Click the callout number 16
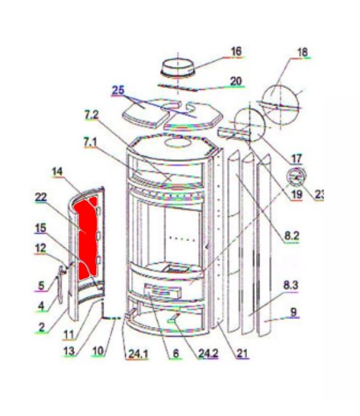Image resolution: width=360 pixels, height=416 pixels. (236, 52)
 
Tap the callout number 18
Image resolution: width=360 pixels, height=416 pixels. (301, 52)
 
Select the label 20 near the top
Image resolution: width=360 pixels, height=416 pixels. (235, 80)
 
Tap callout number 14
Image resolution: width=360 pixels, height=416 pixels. (57, 172)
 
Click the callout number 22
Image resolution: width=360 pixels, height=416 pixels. (41, 197)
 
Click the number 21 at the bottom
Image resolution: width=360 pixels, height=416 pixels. (242, 354)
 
